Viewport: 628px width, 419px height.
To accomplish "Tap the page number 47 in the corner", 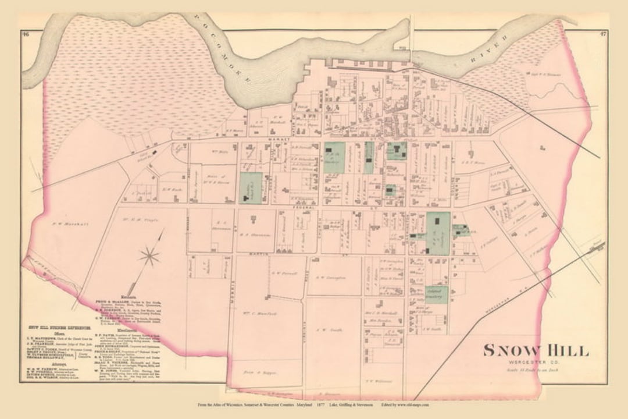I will coord(601,34).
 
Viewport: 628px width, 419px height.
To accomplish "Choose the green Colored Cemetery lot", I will coord(436,293).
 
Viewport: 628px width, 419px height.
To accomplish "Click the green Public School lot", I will coord(251,187).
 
